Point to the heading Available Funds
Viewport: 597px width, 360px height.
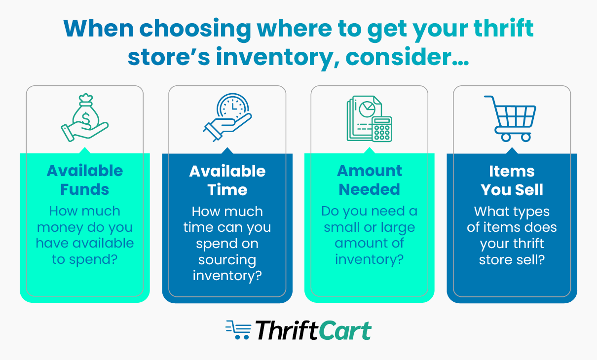pyautogui.click(x=85, y=180)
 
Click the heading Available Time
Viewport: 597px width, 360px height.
pyautogui.click(x=227, y=180)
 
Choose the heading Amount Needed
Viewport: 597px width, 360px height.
pyautogui.click(x=370, y=180)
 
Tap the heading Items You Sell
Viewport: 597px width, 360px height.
pyautogui.click(x=512, y=180)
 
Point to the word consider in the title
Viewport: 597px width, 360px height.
pyautogui.click(x=406, y=57)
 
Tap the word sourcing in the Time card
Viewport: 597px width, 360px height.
pyautogui.click(x=227, y=260)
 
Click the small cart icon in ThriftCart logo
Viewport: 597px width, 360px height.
pyautogui.click(x=238, y=330)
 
